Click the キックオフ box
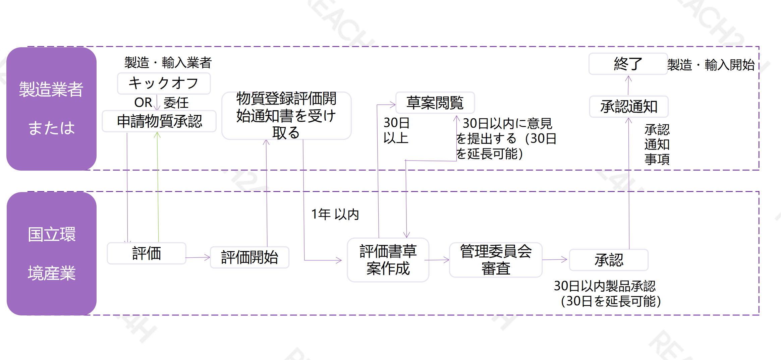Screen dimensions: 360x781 tap(164, 83)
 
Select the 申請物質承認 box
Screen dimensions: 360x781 tap(159, 121)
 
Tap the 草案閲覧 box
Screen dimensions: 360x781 tap(435, 103)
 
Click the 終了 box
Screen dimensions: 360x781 tap(628, 64)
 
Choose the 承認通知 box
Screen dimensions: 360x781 tap(629, 107)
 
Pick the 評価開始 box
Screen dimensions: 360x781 tap(249, 257)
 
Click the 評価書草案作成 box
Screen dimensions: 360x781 tap(388, 260)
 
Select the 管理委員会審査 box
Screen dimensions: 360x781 tap(496, 260)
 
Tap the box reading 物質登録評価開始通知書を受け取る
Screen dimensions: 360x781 tap(286, 116)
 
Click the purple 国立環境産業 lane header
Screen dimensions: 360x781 tap(52, 253)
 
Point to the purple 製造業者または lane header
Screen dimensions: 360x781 tap(52, 109)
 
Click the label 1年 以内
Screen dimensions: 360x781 tap(335, 214)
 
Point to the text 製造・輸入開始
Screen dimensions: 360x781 tap(711, 65)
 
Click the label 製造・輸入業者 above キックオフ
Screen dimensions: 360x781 tap(168, 63)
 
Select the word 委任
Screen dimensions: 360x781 tap(176, 103)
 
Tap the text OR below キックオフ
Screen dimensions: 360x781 tap(143, 103)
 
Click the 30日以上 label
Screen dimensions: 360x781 tap(396, 130)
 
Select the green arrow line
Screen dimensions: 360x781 tap(158, 188)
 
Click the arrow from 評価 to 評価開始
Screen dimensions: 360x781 tap(198, 257)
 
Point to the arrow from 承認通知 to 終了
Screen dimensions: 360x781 tap(628, 85)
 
